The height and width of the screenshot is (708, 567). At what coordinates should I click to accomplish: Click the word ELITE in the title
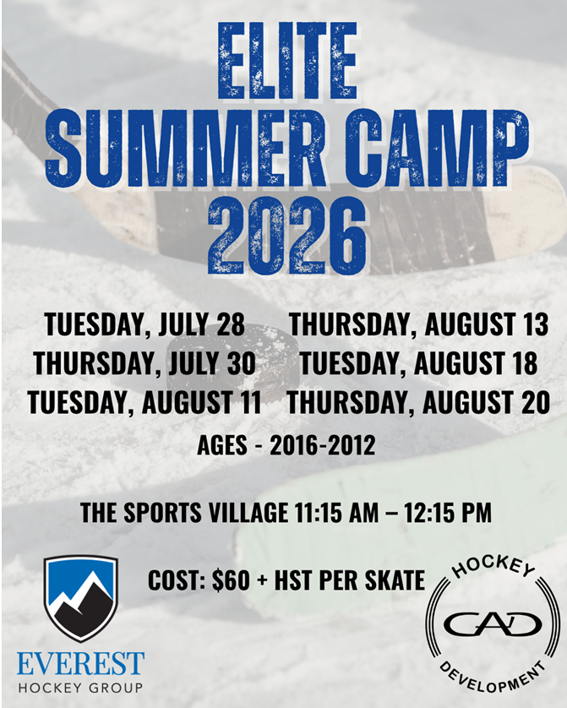tap(287, 61)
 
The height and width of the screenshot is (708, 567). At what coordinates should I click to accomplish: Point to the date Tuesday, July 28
tap(144, 324)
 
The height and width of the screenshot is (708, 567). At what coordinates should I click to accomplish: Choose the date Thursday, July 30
tap(144, 363)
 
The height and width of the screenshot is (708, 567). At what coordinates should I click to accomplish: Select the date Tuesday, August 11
tap(144, 402)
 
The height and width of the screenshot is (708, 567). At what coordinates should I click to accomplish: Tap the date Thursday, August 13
tap(418, 324)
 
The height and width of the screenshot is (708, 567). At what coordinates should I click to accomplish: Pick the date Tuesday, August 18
tap(418, 363)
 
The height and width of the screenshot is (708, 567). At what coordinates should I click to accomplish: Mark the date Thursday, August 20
tap(418, 402)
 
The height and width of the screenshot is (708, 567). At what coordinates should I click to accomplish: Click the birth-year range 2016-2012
tap(322, 445)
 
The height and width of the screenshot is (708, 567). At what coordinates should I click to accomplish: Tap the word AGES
tap(222, 445)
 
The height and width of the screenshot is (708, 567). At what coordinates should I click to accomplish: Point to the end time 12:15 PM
tap(447, 513)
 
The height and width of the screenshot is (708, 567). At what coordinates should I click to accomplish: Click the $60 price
tap(231, 580)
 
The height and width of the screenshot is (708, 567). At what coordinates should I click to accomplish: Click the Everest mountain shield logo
tap(81, 599)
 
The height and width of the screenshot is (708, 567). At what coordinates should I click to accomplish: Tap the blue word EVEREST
tap(81, 663)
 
